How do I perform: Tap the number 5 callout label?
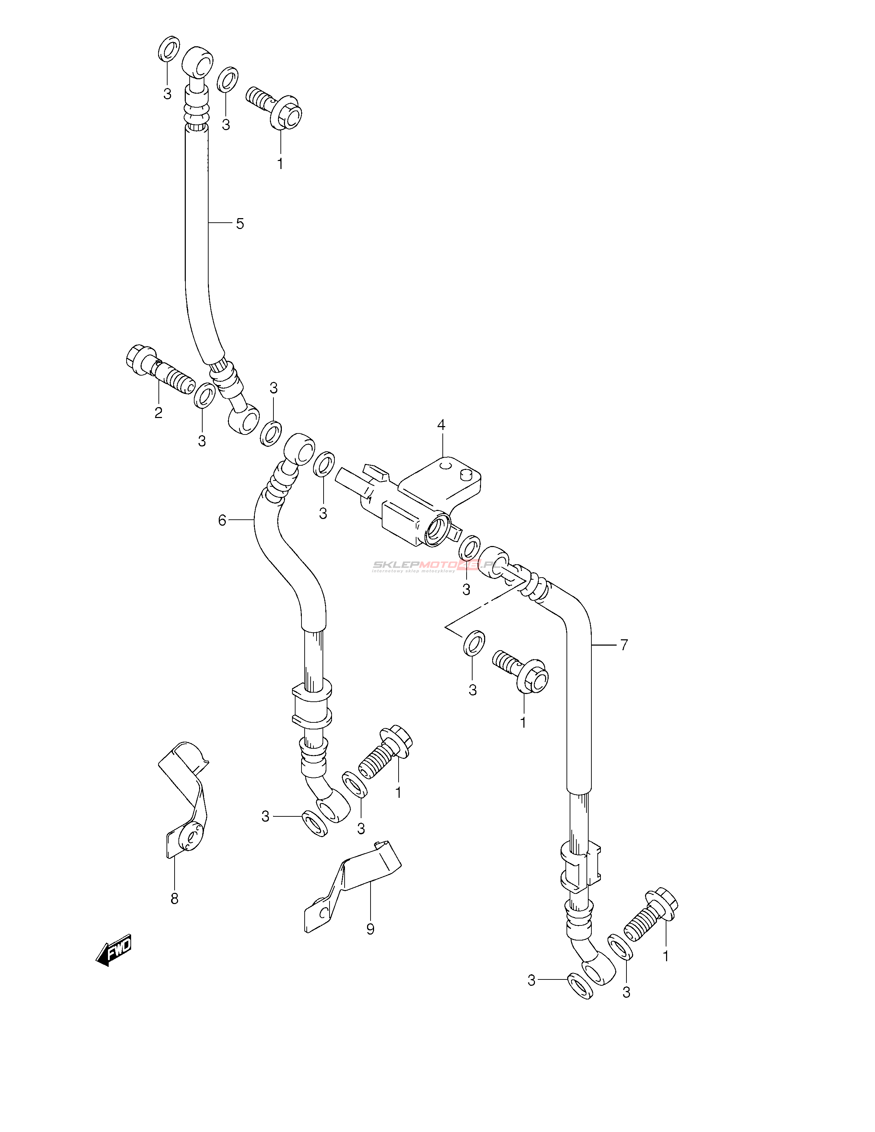click(239, 224)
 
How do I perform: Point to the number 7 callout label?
click(624, 645)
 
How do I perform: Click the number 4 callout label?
click(441, 425)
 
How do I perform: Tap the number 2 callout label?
click(158, 413)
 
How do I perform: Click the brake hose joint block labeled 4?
click(420, 500)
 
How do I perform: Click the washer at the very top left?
click(168, 49)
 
